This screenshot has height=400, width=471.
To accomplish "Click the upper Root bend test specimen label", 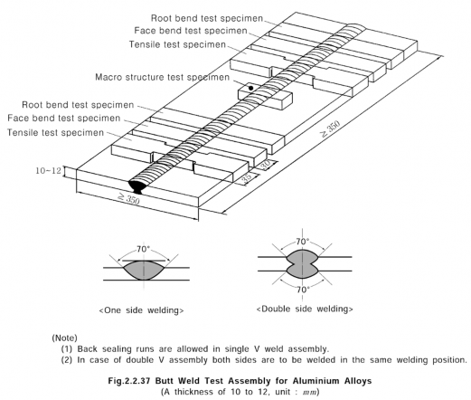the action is (207, 18).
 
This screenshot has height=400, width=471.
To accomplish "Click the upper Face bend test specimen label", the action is (191, 31).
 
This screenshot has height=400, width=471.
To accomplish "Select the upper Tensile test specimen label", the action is (177, 44).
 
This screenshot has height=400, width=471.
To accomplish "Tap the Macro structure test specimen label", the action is (163, 77).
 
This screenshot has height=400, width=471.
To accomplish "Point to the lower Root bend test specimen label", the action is (78, 105).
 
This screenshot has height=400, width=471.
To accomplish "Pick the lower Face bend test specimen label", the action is (64, 118).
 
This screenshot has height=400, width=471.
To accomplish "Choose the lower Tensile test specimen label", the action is (55, 133).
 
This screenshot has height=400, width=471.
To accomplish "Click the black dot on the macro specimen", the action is (250, 88).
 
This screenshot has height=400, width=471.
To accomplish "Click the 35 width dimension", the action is (247, 177).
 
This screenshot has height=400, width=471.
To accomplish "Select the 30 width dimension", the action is (265, 166).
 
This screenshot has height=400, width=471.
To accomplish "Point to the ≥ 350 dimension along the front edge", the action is (128, 199).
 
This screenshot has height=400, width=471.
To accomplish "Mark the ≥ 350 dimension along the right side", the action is (330, 129).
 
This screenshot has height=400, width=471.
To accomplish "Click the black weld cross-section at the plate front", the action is (138, 186).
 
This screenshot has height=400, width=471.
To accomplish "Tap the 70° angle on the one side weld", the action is (143, 249).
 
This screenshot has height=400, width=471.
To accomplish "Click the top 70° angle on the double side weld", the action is (303, 242).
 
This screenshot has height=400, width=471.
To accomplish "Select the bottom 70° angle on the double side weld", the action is (303, 290).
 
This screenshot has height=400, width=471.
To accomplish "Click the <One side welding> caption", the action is (141, 310).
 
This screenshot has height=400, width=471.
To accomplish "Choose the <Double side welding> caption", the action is (305, 309).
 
